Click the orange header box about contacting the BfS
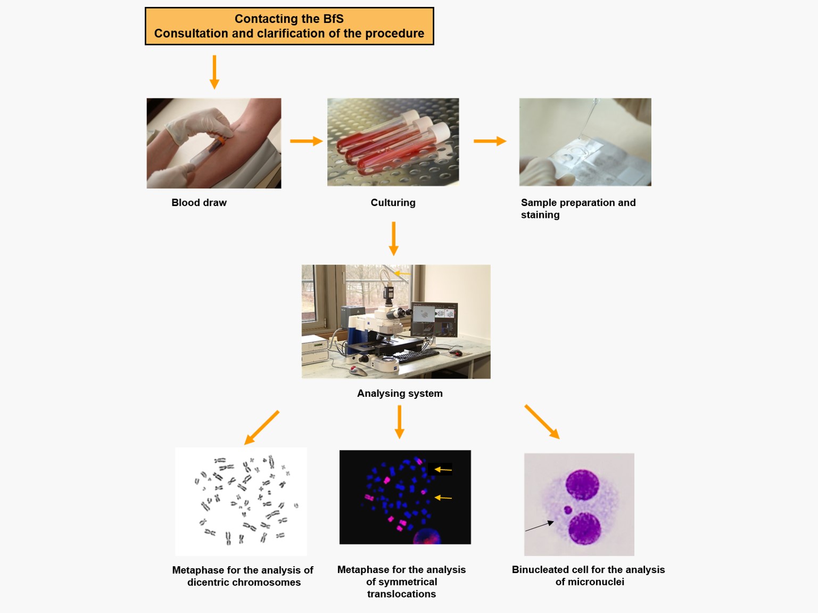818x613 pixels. pyautogui.click(x=289, y=26)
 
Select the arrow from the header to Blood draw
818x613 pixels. pyautogui.click(x=214, y=72)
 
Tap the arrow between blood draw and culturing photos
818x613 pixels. pyautogui.click(x=307, y=141)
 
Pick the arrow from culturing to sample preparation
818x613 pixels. pyautogui.click(x=490, y=141)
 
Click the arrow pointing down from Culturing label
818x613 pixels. pyautogui.click(x=393, y=239)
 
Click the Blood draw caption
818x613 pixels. pyautogui.click(x=199, y=202)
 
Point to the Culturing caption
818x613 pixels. pyautogui.click(x=393, y=202)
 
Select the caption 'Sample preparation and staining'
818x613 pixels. pyautogui.click(x=578, y=208)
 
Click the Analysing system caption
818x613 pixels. pyautogui.click(x=400, y=394)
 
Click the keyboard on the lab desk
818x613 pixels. pyautogui.click(x=417, y=355)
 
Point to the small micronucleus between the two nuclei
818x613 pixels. pyautogui.click(x=568, y=510)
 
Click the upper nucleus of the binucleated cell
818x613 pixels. pyautogui.click(x=582, y=485)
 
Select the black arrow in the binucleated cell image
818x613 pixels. pyautogui.click(x=539, y=526)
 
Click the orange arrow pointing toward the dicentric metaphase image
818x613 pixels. pyautogui.click(x=262, y=428)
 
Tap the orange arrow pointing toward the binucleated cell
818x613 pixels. pyautogui.click(x=542, y=422)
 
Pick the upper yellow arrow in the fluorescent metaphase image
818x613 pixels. pyautogui.click(x=443, y=469)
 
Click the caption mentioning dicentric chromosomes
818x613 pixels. pyautogui.click(x=243, y=576)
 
